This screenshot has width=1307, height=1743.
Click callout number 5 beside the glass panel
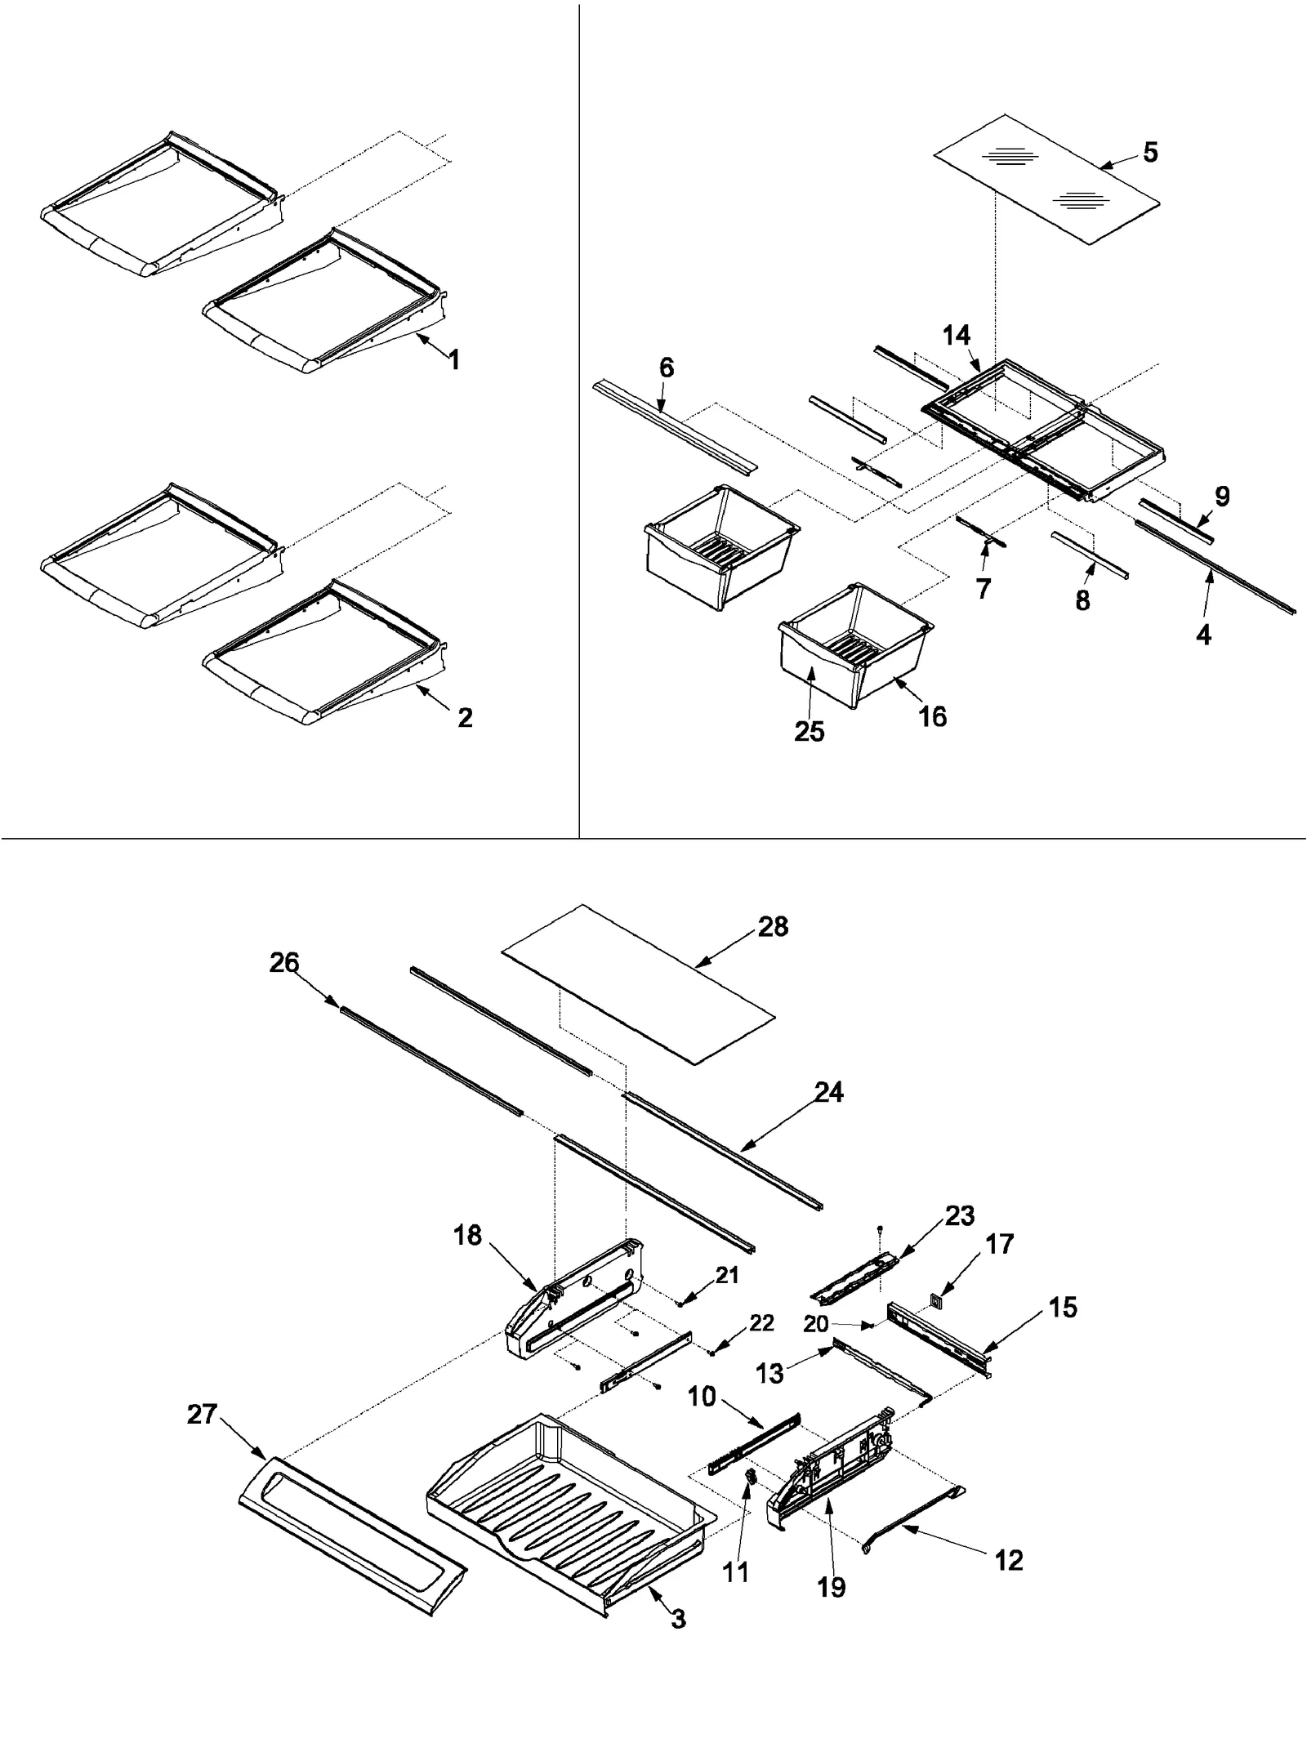tap(1150, 152)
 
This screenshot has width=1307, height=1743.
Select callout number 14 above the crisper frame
tap(956, 336)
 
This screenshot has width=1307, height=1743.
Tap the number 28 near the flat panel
tap(773, 926)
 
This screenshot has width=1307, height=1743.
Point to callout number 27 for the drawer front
tap(202, 1414)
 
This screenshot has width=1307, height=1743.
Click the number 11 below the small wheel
tap(735, 1572)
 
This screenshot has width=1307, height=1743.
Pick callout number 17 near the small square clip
tap(1000, 1244)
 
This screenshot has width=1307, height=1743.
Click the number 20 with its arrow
tap(815, 1325)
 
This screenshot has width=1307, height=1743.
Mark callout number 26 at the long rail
tap(284, 963)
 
